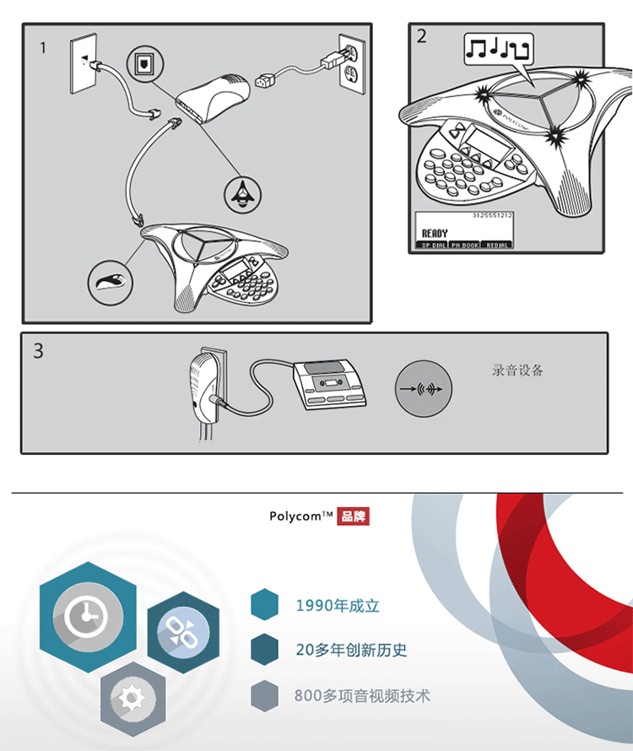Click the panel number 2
pos(421,35)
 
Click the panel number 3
pos(38,350)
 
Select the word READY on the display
pos(435,233)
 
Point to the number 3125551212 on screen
pos(493,217)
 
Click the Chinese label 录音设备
pos(517,370)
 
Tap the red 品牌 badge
pos(354,516)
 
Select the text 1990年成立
pos(338,606)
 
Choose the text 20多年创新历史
pos(351,651)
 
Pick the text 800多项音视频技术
pos(362,696)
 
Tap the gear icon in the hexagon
pos(130,698)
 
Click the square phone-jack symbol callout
pos(141,62)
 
